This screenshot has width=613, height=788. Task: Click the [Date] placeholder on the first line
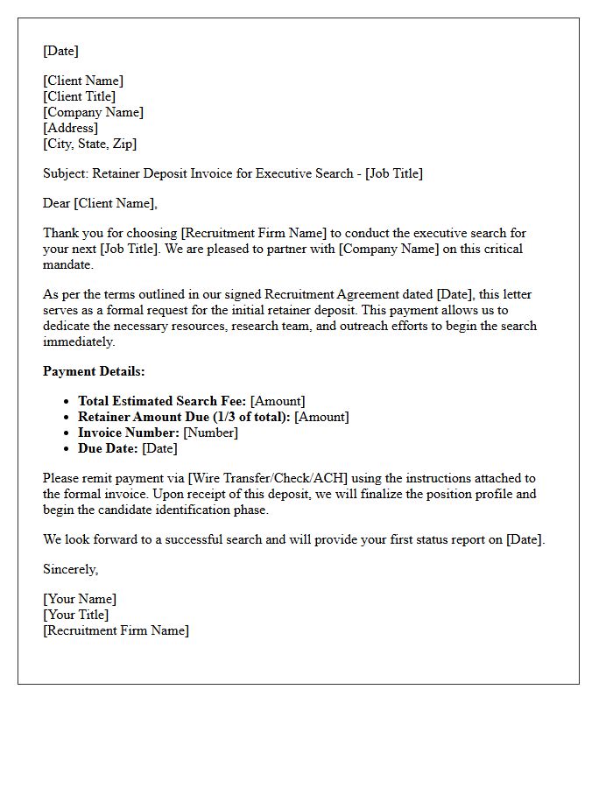pyautogui.click(x=60, y=51)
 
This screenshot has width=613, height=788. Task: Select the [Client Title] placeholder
pyautogui.click(x=80, y=96)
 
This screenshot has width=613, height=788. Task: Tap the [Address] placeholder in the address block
pyautogui.click(x=71, y=128)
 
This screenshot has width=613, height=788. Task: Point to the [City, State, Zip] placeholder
pyautogui.click(x=90, y=144)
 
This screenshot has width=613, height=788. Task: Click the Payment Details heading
pyautogui.click(x=94, y=371)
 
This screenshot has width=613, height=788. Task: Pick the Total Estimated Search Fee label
pyautogui.click(x=162, y=401)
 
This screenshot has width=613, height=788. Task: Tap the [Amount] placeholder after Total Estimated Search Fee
pyautogui.click(x=278, y=401)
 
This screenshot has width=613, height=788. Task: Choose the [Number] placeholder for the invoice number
pyautogui.click(x=210, y=433)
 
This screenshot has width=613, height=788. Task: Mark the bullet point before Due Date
pyautogui.click(x=67, y=449)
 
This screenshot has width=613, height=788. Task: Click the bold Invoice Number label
pyautogui.click(x=129, y=433)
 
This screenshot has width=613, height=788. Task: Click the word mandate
pyautogui.click(x=67, y=264)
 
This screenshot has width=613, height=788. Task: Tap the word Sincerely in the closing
pyautogui.click(x=70, y=569)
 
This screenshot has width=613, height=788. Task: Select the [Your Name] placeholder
pyautogui.click(x=80, y=599)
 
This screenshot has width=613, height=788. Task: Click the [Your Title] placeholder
pyautogui.click(x=76, y=615)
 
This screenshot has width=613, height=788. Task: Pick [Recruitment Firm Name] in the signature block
pyautogui.click(x=116, y=630)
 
